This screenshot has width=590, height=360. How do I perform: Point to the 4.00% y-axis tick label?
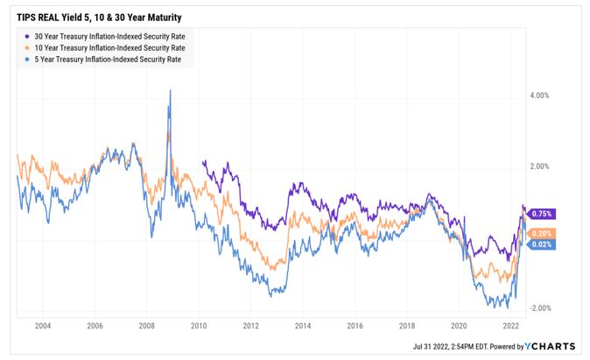544,95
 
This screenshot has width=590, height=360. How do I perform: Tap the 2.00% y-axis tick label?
544,166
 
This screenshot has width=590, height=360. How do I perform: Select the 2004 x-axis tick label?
42,324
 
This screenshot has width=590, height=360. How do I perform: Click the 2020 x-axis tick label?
458,324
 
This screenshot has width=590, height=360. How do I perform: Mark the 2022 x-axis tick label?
509,324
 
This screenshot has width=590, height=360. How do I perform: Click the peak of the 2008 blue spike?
170,90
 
